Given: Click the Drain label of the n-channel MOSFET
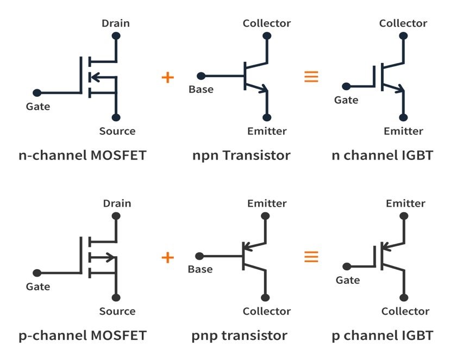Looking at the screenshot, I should pyautogui.click(x=116, y=23).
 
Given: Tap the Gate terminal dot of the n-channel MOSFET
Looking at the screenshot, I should pyautogui.click(x=37, y=93).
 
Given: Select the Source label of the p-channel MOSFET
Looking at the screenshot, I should pyautogui.click(x=117, y=312).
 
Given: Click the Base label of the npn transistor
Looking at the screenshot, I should pyautogui.click(x=201, y=89).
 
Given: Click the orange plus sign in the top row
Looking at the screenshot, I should pyautogui.click(x=168, y=77).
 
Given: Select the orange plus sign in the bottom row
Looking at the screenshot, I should pyautogui.click(x=168, y=257).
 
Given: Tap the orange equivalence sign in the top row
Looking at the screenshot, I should pyautogui.click(x=311, y=77).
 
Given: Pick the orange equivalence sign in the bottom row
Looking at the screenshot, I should pyautogui.click(x=311, y=257).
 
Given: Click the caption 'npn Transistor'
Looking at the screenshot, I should pyautogui.click(x=241, y=156).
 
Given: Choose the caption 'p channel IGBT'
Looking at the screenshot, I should pyautogui.click(x=383, y=336).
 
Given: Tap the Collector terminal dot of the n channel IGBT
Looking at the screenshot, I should pyautogui.click(x=403, y=36).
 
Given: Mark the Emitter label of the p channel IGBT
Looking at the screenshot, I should pyautogui.click(x=405, y=203).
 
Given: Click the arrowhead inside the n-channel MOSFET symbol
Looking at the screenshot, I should pyautogui.click(x=92, y=77).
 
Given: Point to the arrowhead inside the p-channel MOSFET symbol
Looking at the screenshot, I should pyautogui.click(x=111, y=257).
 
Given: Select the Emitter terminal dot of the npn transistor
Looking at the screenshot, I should pyautogui.click(x=267, y=117).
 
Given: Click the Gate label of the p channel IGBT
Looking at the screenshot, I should pyautogui.click(x=348, y=280).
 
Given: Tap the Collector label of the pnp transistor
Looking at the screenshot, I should pyautogui.click(x=267, y=312).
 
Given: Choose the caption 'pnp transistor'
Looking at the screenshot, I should pyautogui.click(x=240, y=336).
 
